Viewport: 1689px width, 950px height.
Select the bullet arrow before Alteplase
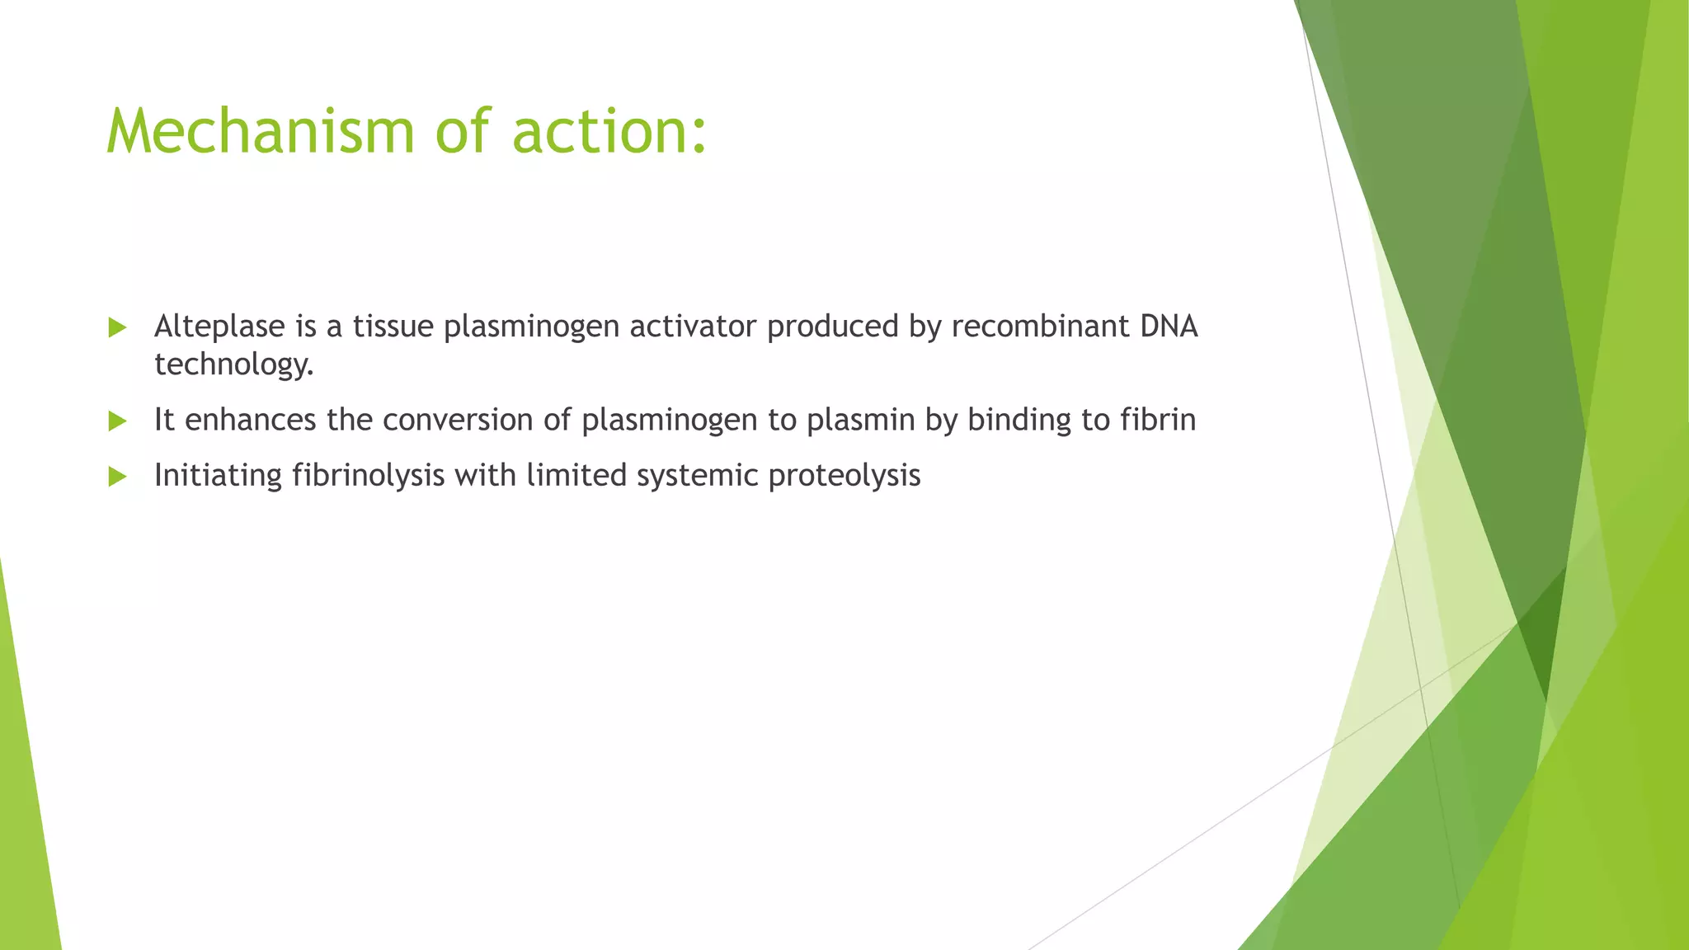117,327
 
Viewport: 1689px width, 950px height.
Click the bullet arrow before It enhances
117,421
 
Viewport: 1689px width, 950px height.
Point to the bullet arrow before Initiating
117,476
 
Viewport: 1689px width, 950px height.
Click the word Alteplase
219,327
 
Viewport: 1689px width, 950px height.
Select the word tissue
393,327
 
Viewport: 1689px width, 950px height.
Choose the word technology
233,364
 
